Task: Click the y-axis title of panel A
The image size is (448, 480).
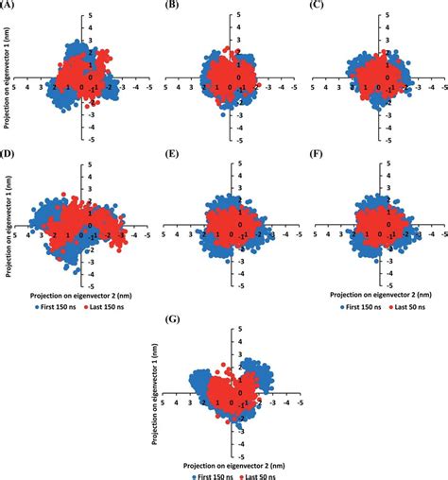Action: [6, 80]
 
